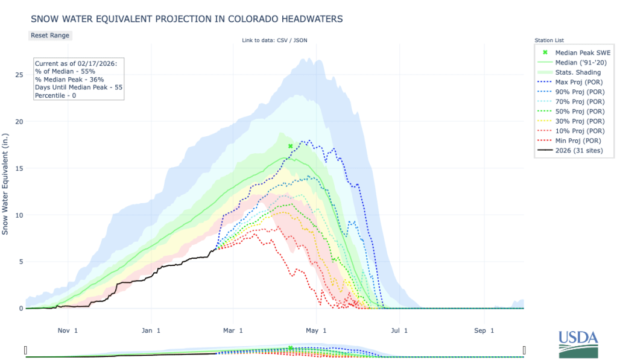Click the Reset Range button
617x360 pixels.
tap(50, 35)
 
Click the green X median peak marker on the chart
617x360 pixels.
tap(290, 146)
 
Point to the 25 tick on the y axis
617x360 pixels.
tap(19, 75)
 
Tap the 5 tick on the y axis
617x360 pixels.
tap(21, 262)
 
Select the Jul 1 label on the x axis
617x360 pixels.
tap(400, 330)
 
